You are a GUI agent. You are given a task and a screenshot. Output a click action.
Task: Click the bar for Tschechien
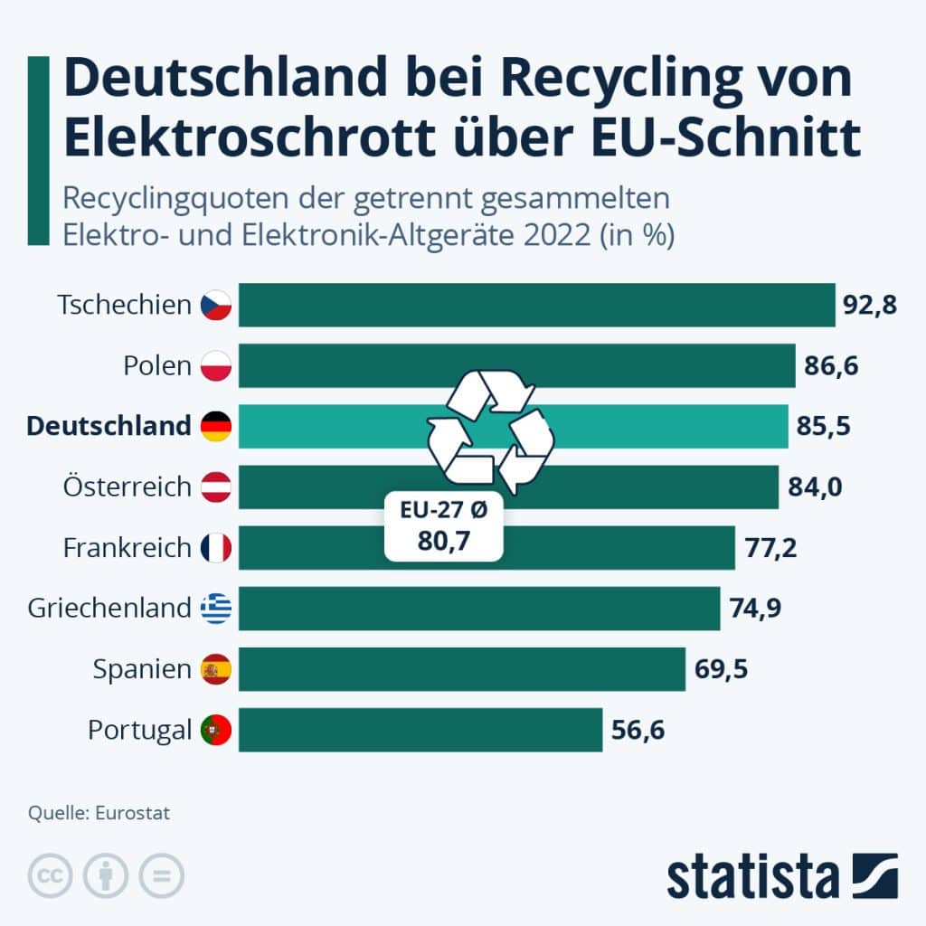point(537,305)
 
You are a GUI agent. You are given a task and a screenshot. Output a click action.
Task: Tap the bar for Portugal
point(420,730)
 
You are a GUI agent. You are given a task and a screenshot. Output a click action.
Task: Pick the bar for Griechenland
point(479,609)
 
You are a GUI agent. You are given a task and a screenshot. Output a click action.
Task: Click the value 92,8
point(869,305)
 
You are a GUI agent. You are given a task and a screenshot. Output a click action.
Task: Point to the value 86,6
point(830,366)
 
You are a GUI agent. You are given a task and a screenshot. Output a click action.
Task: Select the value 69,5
point(721,669)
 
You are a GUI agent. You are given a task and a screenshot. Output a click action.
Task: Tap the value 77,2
point(770,548)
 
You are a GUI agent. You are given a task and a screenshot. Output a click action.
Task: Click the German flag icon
point(216,426)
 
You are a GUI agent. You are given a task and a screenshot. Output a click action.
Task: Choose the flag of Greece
point(216,609)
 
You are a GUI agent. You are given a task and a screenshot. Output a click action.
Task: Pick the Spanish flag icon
point(216,669)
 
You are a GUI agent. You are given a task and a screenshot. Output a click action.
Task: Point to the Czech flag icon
point(216,305)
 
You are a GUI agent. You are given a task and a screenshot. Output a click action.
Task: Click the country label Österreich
point(128,487)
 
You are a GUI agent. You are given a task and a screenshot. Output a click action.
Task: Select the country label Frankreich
point(128,548)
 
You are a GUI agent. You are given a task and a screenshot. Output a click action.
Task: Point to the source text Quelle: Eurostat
point(99,813)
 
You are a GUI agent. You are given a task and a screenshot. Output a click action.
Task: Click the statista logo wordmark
point(753,876)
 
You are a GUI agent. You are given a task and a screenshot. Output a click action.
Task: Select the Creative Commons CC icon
point(51,875)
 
